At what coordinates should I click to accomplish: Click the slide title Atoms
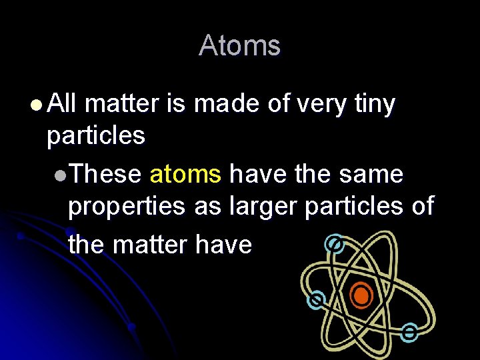click(239, 46)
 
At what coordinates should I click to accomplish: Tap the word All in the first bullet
click(63, 103)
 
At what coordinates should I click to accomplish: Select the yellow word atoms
click(185, 175)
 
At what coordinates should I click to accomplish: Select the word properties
click(127, 207)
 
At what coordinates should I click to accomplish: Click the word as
click(207, 207)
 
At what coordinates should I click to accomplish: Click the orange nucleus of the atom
click(361, 295)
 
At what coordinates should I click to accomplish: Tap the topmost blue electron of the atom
click(334, 245)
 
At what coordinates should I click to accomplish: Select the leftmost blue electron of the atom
click(316, 301)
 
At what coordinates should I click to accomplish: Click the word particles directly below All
click(95, 135)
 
